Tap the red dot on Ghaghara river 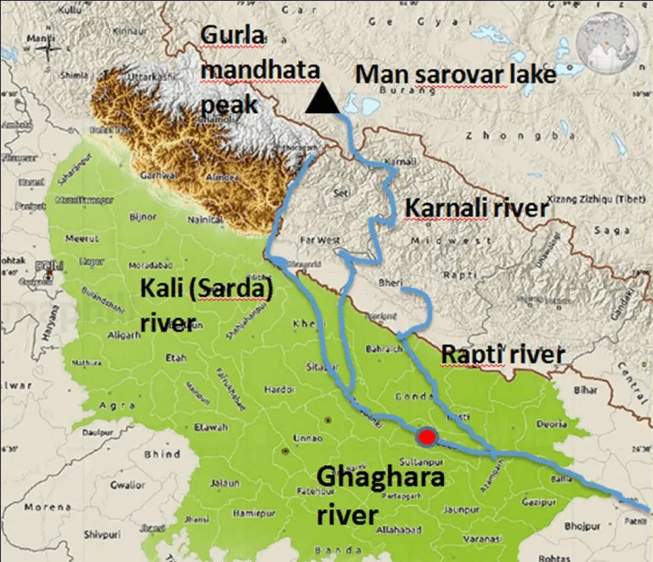(427, 437)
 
